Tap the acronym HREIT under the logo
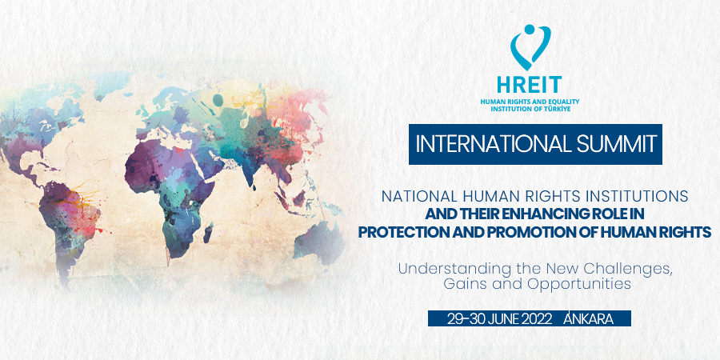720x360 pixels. point(529,85)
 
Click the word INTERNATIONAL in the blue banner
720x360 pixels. point(487,144)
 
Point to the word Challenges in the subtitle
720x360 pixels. point(628,269)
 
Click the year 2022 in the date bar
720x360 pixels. point(535,319)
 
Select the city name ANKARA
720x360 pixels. point(588,318)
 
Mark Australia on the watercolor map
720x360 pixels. point(319,241)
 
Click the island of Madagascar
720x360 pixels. point(208,233)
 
